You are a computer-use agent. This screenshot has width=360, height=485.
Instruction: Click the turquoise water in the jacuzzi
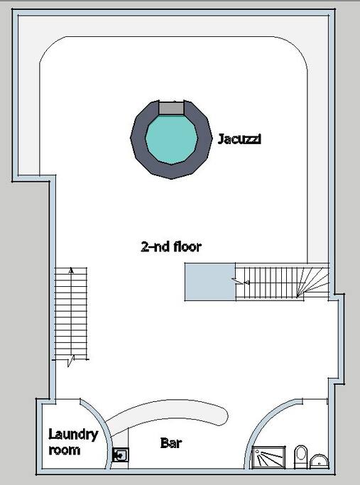171,138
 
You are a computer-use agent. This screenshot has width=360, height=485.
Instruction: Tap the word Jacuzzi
239,139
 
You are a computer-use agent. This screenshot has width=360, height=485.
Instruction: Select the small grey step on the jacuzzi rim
171,107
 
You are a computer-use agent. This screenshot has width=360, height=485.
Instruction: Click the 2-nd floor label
171,247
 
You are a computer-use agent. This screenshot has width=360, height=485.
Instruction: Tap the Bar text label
170,444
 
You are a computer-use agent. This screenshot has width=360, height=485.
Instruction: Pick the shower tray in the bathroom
272,457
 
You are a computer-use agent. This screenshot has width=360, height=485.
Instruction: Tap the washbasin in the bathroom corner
321,459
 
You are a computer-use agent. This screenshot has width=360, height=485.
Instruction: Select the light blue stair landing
210,281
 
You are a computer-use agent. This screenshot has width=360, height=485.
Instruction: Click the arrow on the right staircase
242,282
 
